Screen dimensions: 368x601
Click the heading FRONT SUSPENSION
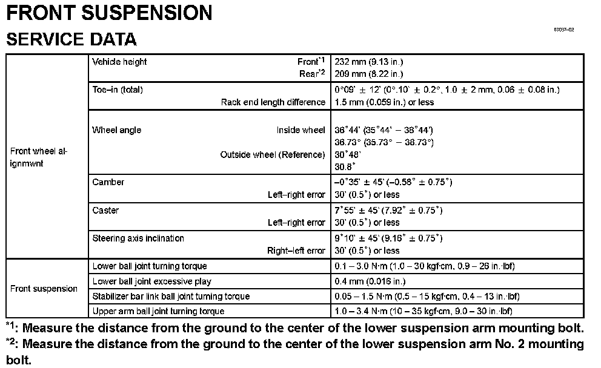tap(109, 13)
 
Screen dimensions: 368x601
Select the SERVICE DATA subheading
tap(71, 39)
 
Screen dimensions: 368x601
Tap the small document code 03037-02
tap(563, 30)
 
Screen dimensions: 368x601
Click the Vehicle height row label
tap(119, 62)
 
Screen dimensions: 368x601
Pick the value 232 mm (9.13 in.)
tap(369, 62)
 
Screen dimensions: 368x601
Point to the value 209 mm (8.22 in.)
tap(369, 74)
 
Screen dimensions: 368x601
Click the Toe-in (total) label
tap(118, 90)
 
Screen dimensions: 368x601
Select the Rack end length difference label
tap(273, 102)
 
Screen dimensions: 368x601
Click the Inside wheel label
tap(301, 130)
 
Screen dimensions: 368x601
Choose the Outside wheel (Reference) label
tap(273, 154)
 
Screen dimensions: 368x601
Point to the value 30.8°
tap(345, 166)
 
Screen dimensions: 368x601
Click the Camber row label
tap(108, 182)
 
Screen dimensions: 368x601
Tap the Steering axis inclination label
tap(138, 238)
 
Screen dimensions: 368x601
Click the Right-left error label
tap(296, 251)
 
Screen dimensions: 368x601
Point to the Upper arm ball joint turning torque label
tap(158, 311)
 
